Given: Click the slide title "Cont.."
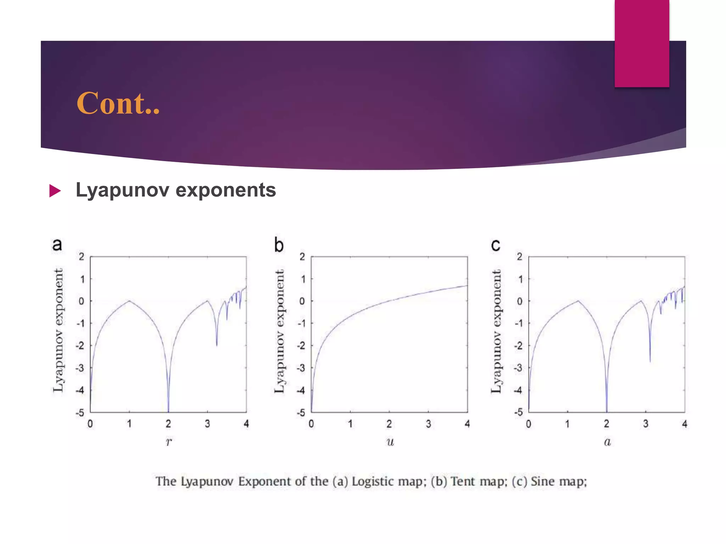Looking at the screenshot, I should [x=118, y=103].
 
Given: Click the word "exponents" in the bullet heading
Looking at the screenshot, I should [x=225, y=190].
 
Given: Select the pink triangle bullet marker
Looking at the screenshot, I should [x=55, y=191].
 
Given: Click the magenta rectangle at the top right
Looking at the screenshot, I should [x=642, y=43].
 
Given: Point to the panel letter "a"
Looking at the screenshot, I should [x=57, y=245].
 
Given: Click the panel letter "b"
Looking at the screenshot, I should [x=279, y=245].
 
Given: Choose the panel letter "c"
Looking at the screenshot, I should [x=496, y=245].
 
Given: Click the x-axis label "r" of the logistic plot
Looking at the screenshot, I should [x=169, y=442].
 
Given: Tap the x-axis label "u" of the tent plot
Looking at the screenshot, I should [x=390, y=442].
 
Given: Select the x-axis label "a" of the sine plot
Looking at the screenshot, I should [x=607, y=442].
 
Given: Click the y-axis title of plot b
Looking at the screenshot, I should [x=280, y=331].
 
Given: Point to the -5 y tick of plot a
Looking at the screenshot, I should [x=80, y=413].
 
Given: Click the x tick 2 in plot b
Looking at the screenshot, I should [x=389, y=424].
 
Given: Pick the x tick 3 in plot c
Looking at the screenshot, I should [x=646, y=424].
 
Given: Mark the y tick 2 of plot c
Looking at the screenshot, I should [x=519, y=257].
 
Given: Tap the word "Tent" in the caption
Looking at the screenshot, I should [x=463, y=482].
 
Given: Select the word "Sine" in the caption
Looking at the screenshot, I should [x=542, y=482].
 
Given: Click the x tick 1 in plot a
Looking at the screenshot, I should [x=129, y=424].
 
